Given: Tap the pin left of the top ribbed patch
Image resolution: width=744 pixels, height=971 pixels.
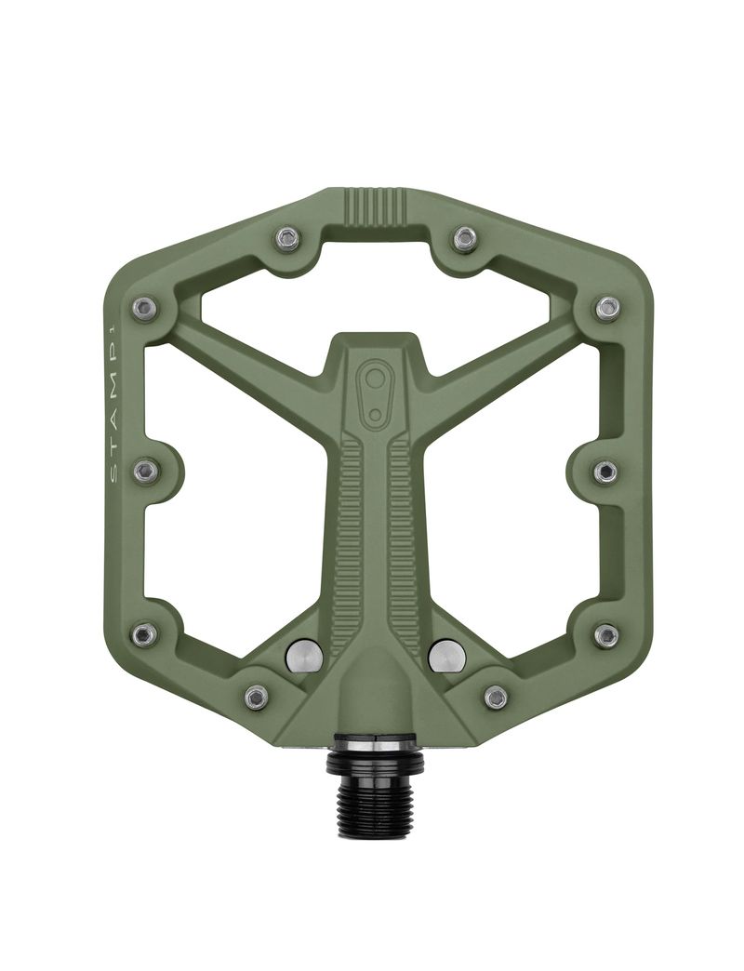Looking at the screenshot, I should tap(287, 239).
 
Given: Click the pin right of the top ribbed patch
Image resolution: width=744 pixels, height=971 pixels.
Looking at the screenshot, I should tap(465, 239).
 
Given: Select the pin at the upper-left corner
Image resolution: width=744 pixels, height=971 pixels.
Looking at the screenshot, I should tap(143, 308).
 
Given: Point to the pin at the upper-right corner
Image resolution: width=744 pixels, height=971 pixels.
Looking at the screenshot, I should tap(607, 308).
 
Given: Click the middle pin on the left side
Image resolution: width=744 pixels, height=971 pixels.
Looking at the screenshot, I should tap(145, 472).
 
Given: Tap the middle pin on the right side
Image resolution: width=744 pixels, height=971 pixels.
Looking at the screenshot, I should tap(605, 472).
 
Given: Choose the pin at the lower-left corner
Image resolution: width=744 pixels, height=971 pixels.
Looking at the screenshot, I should tap(143, 635).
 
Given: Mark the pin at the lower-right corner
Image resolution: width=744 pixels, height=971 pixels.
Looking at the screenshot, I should tap(606, 635).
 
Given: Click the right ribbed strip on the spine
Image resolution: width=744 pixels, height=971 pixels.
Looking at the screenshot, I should tap(403, 539).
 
